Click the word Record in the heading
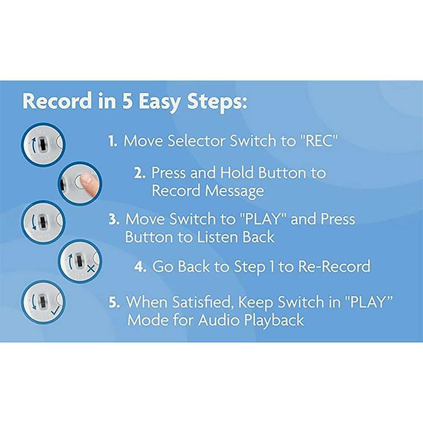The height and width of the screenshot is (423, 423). point(57,101)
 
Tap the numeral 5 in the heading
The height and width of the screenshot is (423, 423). point(127,101)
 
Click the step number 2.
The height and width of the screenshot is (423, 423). point(140,173)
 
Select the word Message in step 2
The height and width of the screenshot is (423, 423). point(234,191)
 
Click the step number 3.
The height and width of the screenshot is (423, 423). point(114,219)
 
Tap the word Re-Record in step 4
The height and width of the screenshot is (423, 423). point(334,266)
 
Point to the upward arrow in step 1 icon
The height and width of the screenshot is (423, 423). point(33,144)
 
